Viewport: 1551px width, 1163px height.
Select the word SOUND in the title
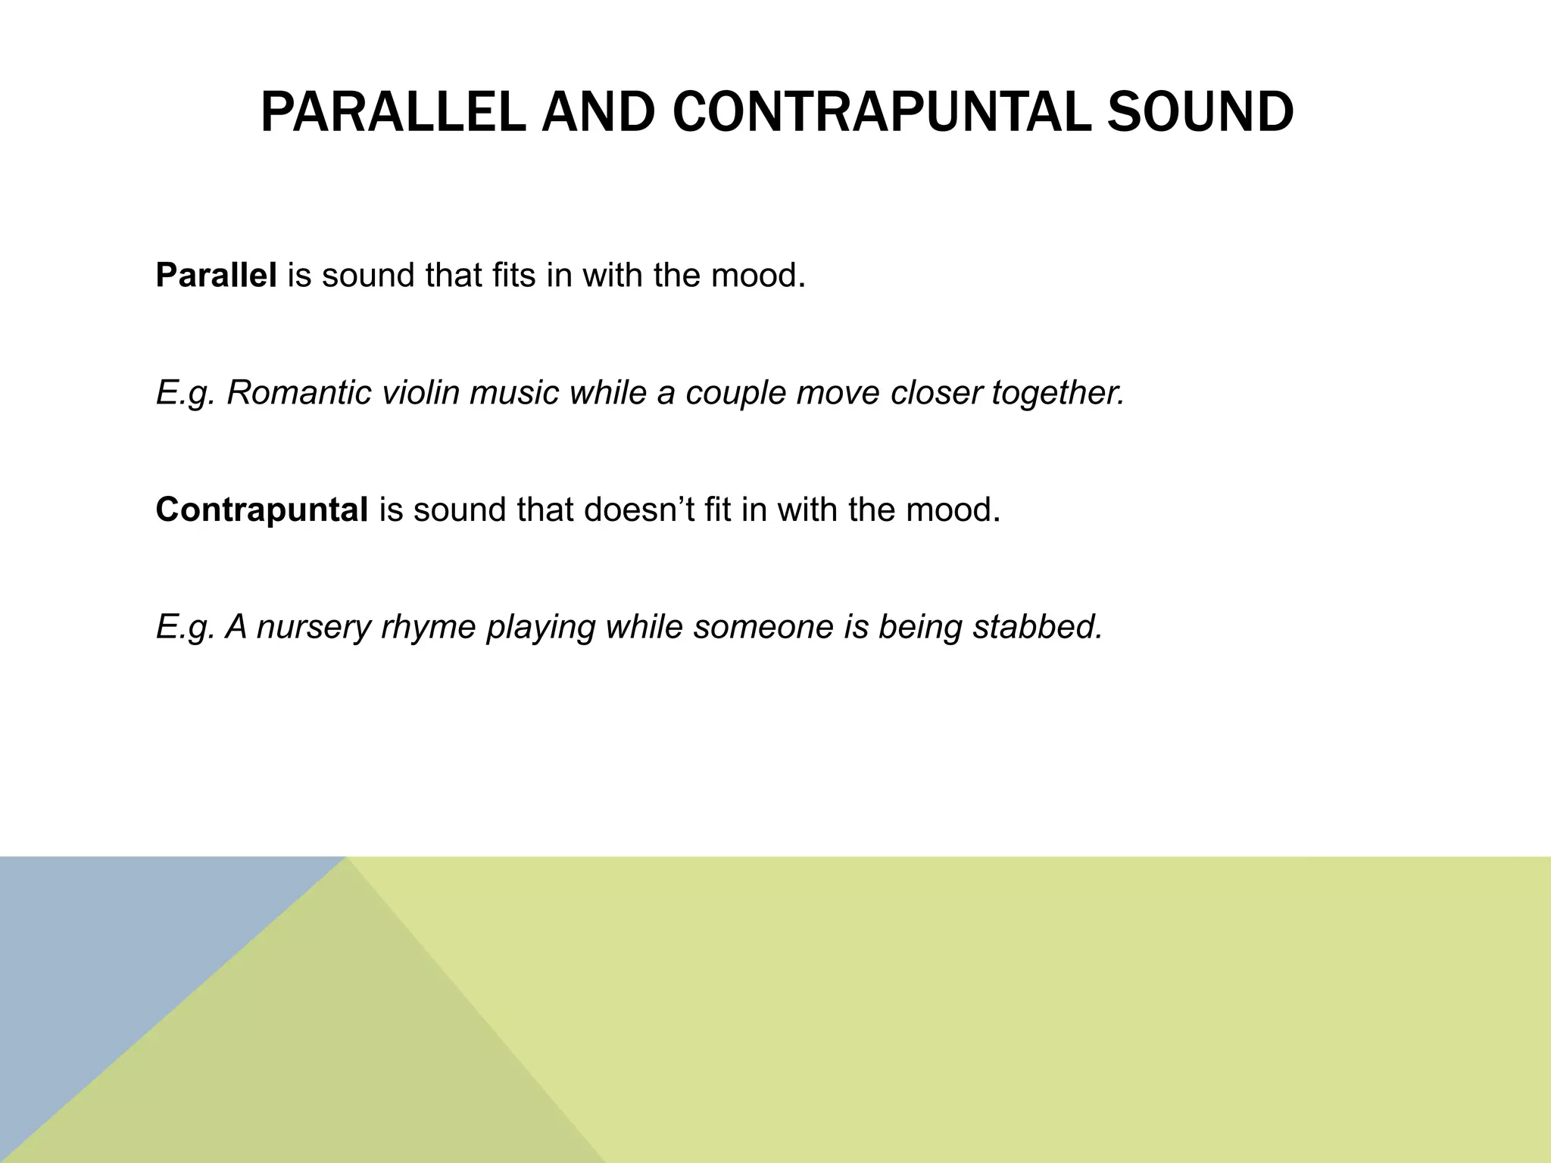coord(1200,113)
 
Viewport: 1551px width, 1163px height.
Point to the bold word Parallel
coord(216,275)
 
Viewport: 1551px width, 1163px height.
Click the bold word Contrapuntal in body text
coord(261,510)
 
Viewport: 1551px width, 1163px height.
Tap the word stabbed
coord(1037,627)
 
